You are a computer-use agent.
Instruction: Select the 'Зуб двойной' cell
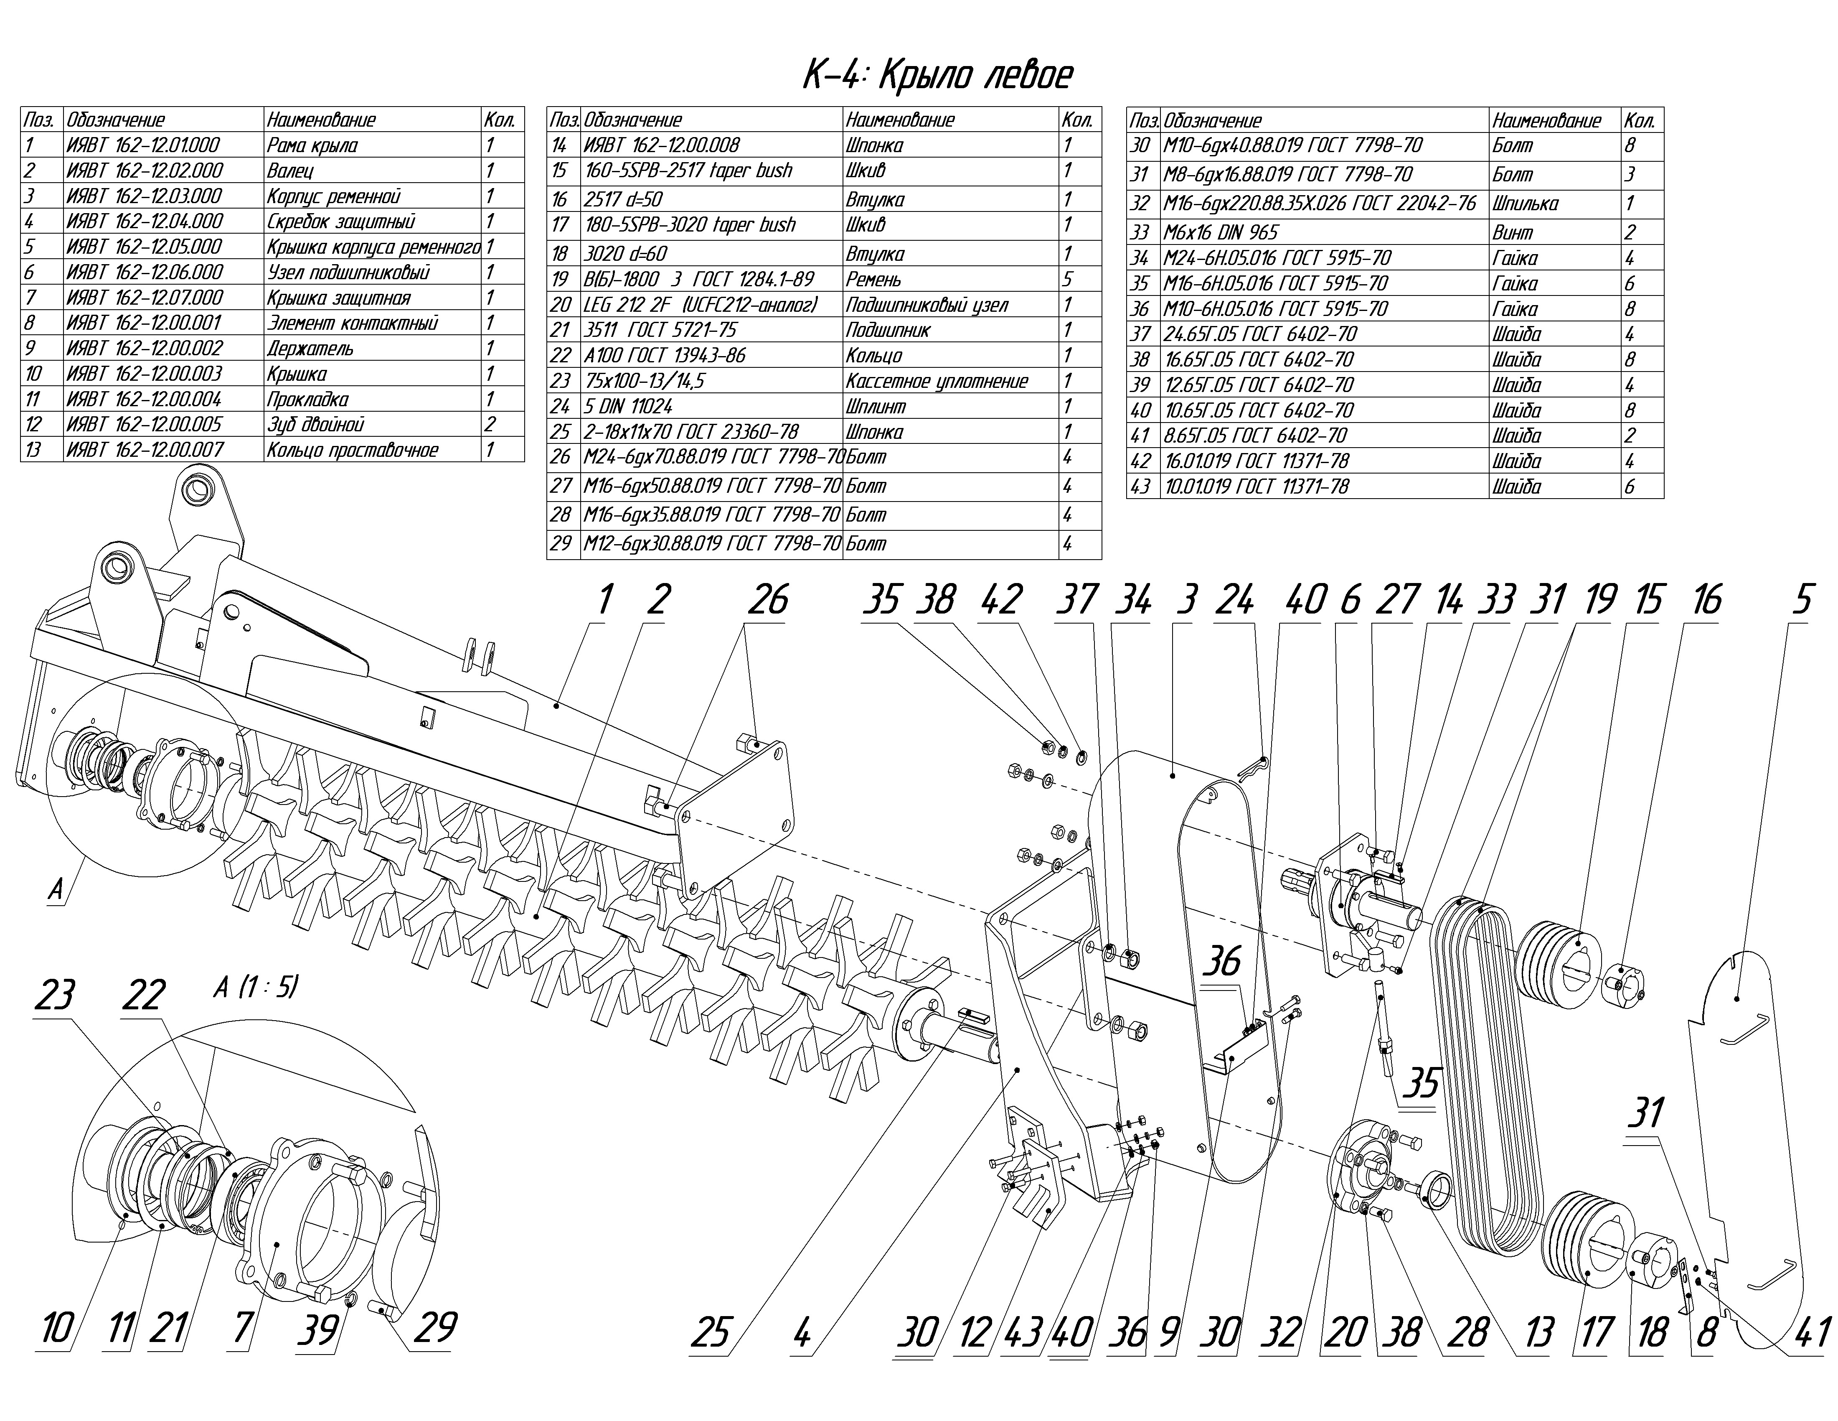315,424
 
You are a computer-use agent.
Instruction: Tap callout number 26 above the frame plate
767,600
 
